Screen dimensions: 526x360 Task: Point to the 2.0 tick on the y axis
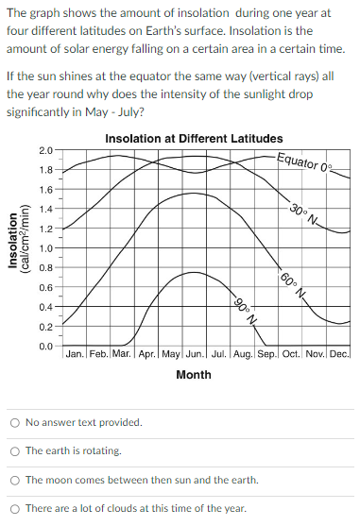[x=46, y=151]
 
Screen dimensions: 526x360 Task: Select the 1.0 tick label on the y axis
[x=46, y=248]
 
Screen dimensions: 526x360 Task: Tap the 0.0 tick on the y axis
[x=46, y=347]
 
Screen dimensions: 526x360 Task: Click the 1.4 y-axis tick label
[x=46, y=210]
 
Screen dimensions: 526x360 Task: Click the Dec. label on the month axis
[x=340, y=357]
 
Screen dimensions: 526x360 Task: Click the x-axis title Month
[x=194, y=375]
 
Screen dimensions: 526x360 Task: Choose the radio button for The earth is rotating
[x=16, y=450]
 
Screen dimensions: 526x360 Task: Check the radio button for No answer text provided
[x=16, y=422]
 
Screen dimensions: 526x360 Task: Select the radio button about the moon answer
[x=16, y=480]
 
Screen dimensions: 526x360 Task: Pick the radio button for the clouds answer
[x=16, y=508]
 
